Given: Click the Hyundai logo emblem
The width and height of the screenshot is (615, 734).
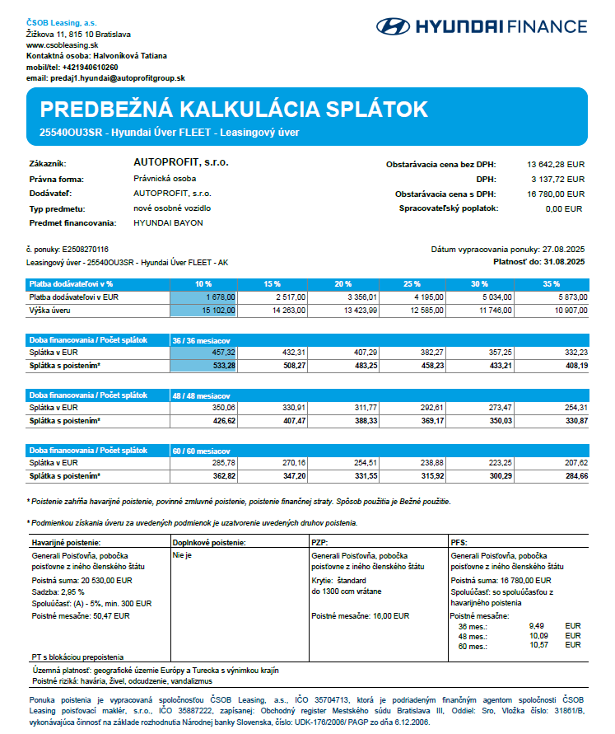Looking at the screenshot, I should click(393, 26).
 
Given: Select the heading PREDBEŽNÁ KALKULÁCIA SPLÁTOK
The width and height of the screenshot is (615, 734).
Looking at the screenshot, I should click(234, 110).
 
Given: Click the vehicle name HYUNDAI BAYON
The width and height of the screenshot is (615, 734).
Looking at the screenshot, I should click(168, 222).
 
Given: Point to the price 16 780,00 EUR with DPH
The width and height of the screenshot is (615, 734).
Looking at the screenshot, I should click(556, 194).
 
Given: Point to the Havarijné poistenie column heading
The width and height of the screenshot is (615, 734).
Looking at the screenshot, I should click(66, 543).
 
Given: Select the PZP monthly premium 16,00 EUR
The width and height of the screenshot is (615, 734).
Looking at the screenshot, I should click(360, 615).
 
